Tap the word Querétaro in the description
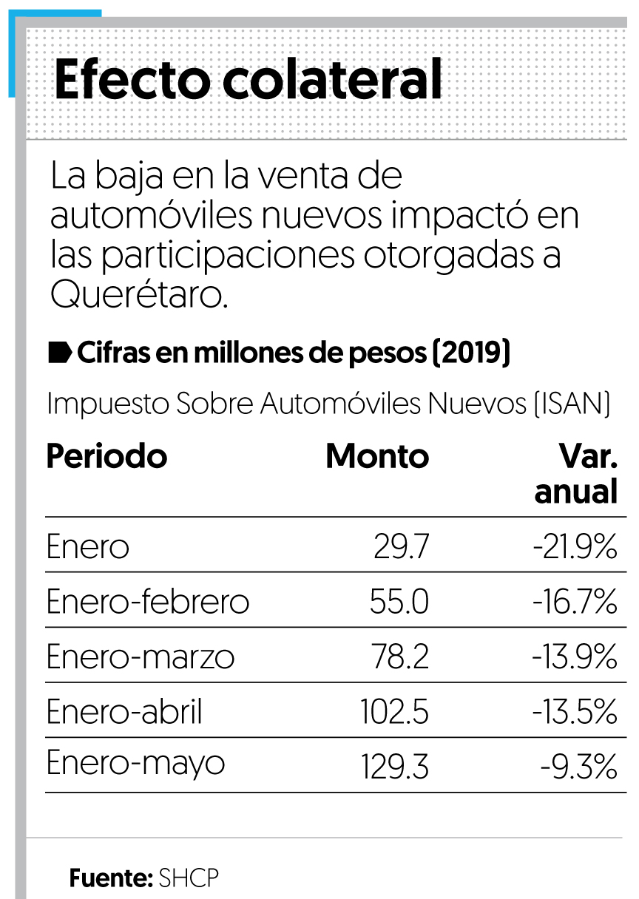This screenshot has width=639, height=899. point(137,294)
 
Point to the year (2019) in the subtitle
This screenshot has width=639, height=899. point(471,353)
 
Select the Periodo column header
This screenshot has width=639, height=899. point(106,456)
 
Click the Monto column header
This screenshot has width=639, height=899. point(376,456)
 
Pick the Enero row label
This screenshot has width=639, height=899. point(87,547)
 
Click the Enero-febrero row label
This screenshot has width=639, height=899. point(147,602)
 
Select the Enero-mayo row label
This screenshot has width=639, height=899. point(135,764)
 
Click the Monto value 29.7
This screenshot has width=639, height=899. point(401,547)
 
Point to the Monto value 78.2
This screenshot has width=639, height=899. point(399,657)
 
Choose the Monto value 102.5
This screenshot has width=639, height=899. point(394,712)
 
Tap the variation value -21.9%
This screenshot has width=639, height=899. point(574,547)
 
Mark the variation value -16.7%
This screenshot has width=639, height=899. point(574,602)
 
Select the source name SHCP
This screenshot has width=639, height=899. point(189,878)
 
